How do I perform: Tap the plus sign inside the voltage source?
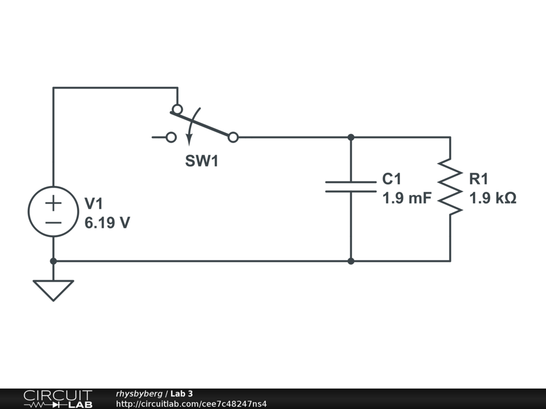click(x=53, y=203)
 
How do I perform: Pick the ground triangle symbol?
click(x=53, y=290)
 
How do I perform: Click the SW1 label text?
click(x=202, y=161)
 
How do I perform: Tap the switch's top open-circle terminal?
click(x=177, y=109)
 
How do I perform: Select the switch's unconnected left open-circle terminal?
click(x=171, y=137)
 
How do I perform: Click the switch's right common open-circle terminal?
click(x=233, y=137)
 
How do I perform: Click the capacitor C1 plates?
click(x=351, y=186)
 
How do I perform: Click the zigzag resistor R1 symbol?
click(x=450, y=186)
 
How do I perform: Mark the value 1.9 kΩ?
click(x=493, y=199)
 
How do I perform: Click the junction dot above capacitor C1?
click(x=351, y=137)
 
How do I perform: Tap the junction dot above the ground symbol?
click(x=53, y=261)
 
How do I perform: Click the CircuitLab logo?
click(x=58, y=399)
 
